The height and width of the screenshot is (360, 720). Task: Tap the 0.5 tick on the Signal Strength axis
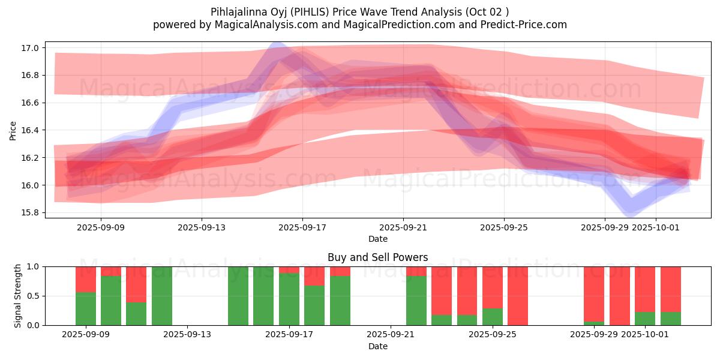click(x=34, y=296)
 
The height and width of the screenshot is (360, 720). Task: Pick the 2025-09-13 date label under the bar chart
click(x=188, y=335)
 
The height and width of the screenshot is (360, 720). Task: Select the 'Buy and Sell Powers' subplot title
click(x=377, y=257)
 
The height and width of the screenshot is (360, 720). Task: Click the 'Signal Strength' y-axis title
click(x=18, y=296)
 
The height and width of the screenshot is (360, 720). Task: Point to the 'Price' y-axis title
click(x=13, y=130)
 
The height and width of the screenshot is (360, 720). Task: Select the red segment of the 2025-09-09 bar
click(x=86, y=279)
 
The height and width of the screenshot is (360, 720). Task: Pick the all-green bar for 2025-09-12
click(x=162, y=296)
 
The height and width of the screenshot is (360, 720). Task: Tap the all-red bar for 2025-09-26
click(x=518, y=296)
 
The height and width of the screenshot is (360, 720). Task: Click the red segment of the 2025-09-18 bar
click(x=314, y=276)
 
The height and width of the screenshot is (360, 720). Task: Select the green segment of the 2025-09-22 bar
click(x=416, y=301)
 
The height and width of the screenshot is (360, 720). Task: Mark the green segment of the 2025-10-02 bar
click(x=671, y=319)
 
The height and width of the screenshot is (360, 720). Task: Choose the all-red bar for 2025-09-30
click(x=620, y=296)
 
